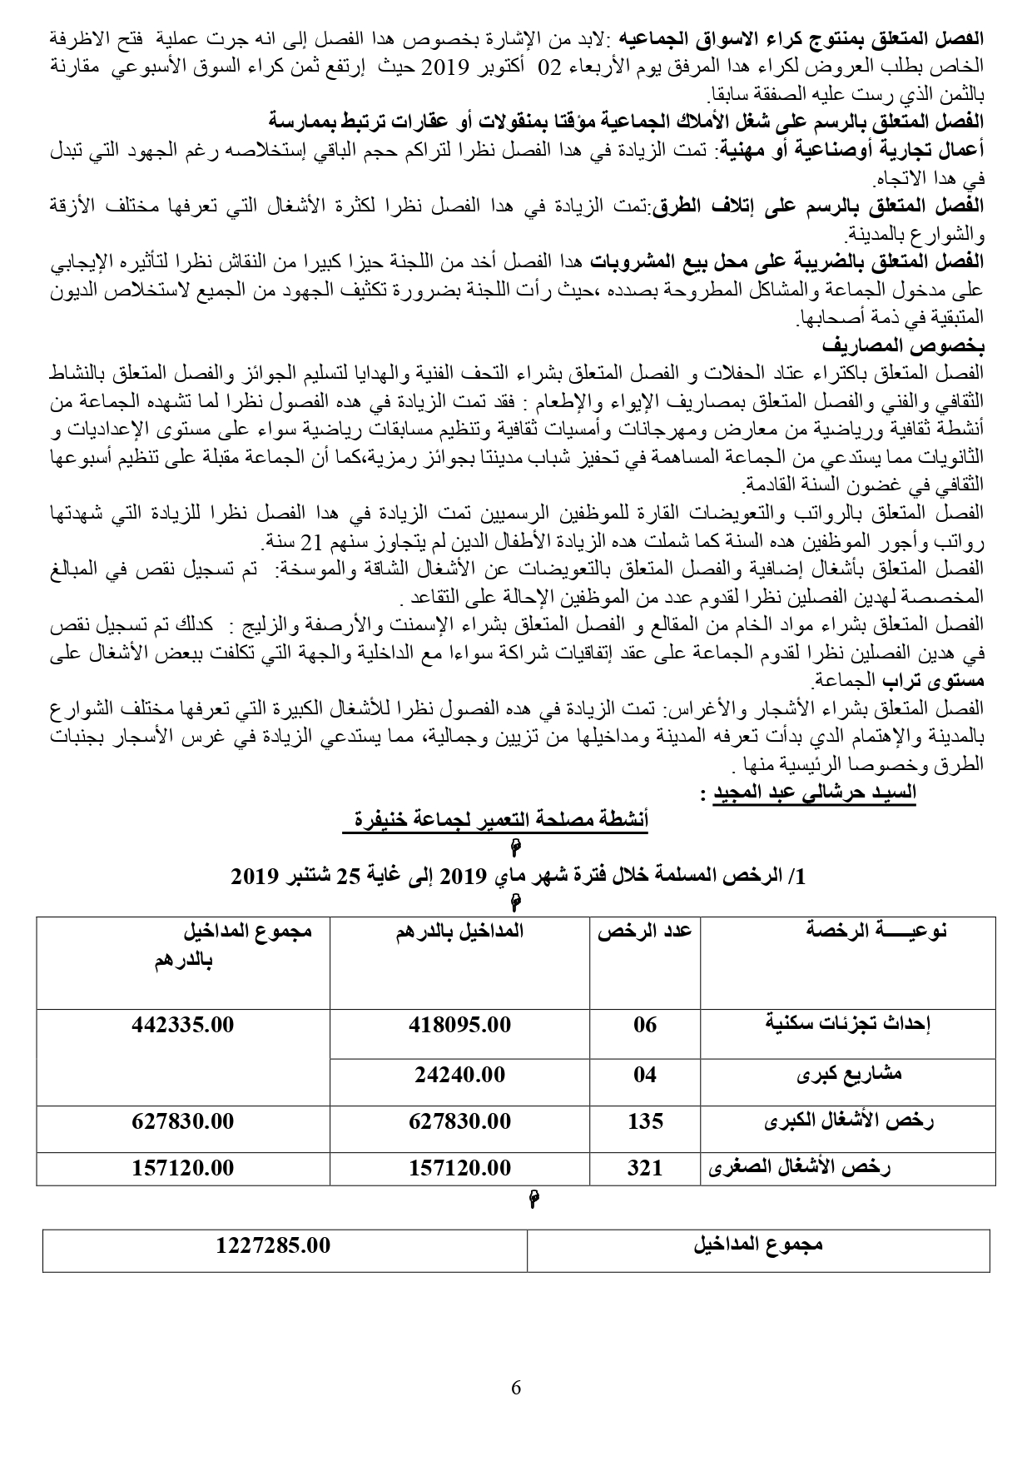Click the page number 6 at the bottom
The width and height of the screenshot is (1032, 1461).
pyautogui.click(x=516, y=1388)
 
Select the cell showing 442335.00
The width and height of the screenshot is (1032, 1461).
pyautogui.click(x=183, y=1025)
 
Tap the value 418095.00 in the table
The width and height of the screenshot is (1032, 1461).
pyautogui.click(x=459, y=1025)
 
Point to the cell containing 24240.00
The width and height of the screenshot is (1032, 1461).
pyautogui.click(x=459, y=1075)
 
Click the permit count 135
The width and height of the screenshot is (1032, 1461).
pyautogui.click(x=645, y=1121)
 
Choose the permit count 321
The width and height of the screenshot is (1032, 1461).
pyautogui.click(x=645, y=1168)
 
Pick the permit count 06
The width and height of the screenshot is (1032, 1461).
pyautogui.click(x=645, y=1025)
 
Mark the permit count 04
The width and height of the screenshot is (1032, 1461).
pyautogui.click(x=645, y=1075)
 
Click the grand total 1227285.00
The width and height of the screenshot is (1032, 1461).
pyautogui.click(x=273, y=1245)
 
